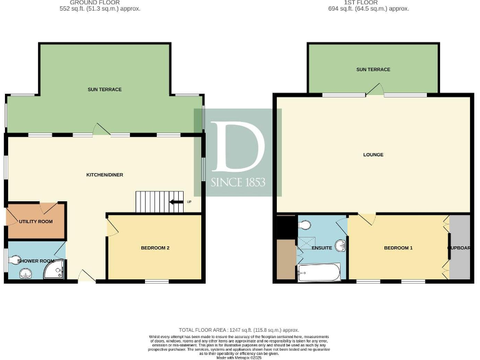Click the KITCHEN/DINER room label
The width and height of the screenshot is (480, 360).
[104, 174]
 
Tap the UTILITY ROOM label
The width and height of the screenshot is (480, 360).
[35, 221]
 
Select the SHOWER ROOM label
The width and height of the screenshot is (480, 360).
[36, 261]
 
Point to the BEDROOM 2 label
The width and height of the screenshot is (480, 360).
[155, 248]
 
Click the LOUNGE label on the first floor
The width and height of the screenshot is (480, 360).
[373, 154]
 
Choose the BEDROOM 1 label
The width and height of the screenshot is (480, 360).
[398, 248]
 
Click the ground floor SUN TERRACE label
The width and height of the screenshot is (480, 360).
[104, 89]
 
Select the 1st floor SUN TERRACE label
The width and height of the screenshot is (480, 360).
[373, 69]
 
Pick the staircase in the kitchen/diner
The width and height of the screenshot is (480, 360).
[159, 201]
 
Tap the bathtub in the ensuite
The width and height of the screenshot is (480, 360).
[319, 272]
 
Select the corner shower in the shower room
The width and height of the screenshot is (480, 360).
[55, 270]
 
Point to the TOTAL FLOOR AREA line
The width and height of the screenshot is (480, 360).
[239, 329]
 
